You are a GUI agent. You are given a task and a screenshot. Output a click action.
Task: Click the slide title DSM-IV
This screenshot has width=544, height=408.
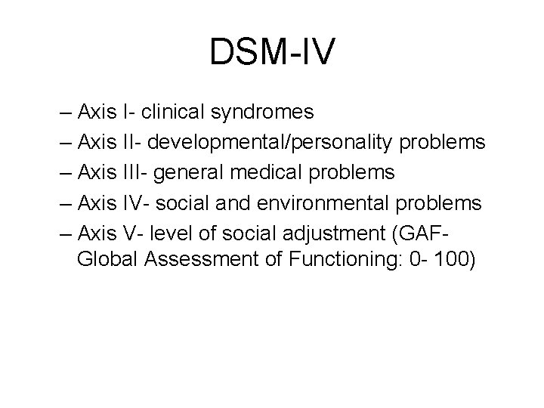[272, 52]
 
